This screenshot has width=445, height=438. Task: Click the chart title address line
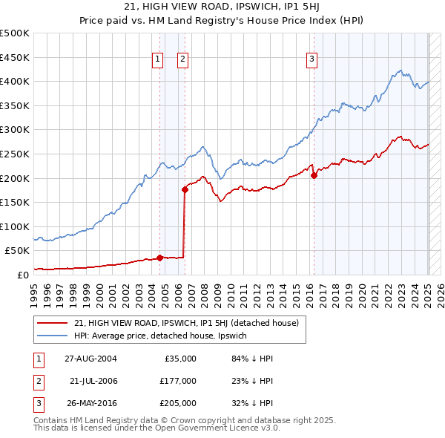(x=222, y=7)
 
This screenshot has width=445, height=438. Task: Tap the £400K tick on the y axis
(x=15, y=81)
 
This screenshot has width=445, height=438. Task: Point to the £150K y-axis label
(x=15, y=202)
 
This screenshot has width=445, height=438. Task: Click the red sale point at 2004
(x=159, y=258)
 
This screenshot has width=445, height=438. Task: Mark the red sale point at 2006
(x=185, y=189)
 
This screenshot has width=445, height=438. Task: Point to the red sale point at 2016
(x=314, y=176)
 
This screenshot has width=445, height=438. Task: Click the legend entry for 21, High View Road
(x=186, y=323)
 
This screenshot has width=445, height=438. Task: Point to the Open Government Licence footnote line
(x=156, y=428)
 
